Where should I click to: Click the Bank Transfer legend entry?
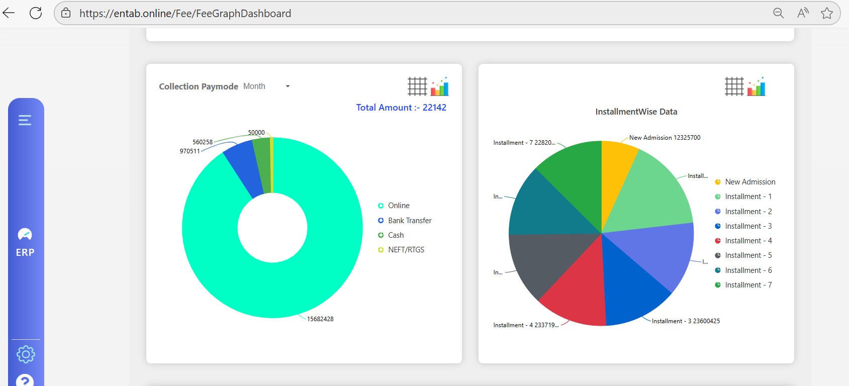coord(409,221)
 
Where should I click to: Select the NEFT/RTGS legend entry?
coord(406,250)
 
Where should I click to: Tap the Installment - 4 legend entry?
coord(748,241)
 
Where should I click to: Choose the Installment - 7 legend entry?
coord(748,285)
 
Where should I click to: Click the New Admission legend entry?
coord(749,182)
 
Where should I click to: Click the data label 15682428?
coord(320,319)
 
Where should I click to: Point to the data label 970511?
coord(190,151)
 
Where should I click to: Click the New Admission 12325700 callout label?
coord(665,138)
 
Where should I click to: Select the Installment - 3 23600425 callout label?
coord(686,321)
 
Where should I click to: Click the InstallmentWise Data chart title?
coord(636,112)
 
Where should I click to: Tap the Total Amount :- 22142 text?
coord(401,108)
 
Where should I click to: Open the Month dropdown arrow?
coord(288,86)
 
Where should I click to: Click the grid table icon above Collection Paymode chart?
coord(417,86)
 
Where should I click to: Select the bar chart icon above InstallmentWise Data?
coord(757,86)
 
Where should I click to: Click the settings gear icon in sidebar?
coord(26,354)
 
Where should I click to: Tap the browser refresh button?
coord(36,13)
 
